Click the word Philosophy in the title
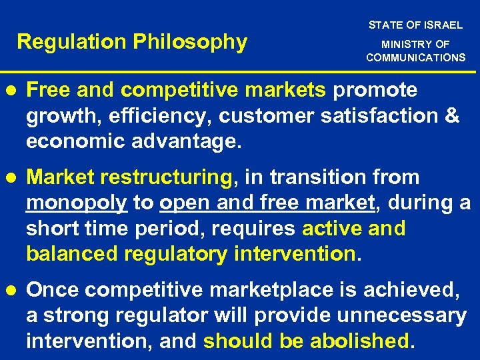pos(191,43)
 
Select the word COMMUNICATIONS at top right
pos(415,57)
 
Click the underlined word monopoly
pos(77,203)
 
